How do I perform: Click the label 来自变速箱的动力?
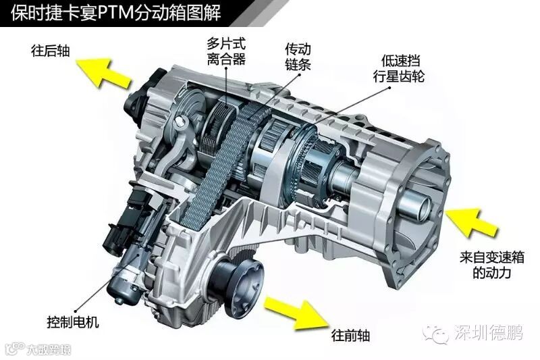pos(483,266)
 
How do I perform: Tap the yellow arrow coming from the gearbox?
pos(470,223)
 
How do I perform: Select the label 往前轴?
pos(349,335)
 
